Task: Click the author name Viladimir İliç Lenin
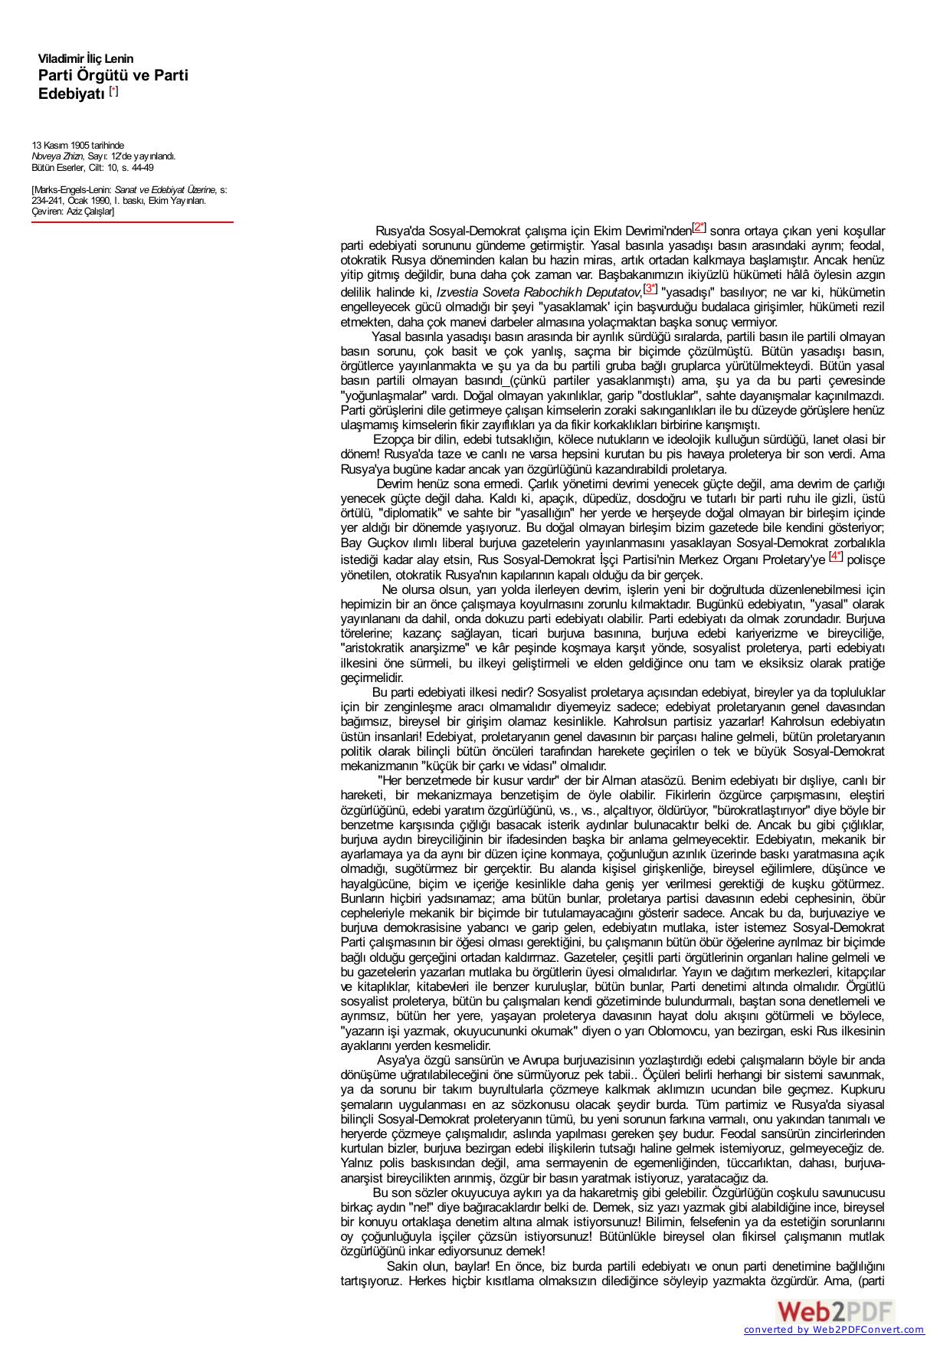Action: tap(86, 59)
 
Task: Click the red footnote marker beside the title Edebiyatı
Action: tap(114, 91)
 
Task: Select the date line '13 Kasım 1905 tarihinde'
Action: tap(77, 145)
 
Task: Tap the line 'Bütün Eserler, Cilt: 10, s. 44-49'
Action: tap(92, 167)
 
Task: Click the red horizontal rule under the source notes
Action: tap(133, 222)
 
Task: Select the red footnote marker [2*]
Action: tap(699, 227)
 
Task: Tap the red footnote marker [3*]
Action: tap(650, 288)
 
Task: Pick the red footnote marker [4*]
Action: tap(835, 556)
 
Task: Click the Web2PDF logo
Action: tap(834, 1309)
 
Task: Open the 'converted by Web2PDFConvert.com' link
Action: tap(834, 1330)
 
